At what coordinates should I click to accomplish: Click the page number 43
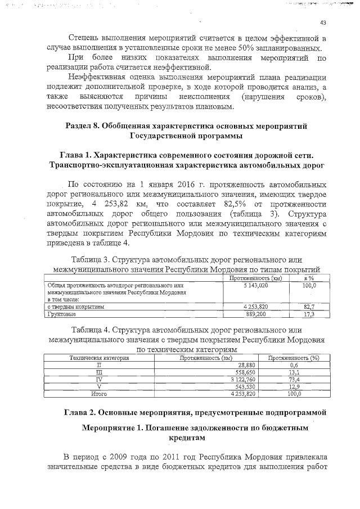point(323,23)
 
